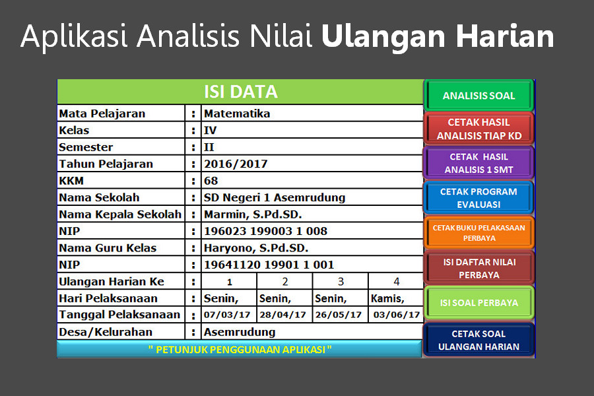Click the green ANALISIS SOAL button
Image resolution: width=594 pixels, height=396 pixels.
(479, 95)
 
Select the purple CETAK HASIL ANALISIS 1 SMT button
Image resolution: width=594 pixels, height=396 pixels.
(479, 163)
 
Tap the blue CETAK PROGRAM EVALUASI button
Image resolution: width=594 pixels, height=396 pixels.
(479, 198)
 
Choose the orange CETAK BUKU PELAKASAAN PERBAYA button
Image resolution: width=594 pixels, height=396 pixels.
(479, 233)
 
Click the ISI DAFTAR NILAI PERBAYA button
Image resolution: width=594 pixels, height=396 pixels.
(479, 268)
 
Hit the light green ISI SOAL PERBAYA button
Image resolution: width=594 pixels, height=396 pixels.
(479, 303)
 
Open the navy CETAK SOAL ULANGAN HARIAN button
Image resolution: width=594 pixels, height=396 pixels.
(479, 340)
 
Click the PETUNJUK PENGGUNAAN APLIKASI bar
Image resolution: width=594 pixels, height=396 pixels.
(240, 349)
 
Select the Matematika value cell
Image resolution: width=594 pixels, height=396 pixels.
(237, 114)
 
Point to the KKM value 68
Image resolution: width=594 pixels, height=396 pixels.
(211, 180)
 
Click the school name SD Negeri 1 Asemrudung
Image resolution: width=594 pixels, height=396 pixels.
(275, 197)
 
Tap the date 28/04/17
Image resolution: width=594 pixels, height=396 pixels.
(282, 315)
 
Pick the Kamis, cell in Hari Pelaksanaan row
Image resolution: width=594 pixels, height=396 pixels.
(387, 298)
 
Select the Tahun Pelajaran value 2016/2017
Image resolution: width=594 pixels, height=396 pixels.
(236, 164)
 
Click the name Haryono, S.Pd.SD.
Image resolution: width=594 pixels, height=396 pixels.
(256, 248)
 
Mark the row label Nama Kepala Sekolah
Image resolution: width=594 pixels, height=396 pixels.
(120, 214)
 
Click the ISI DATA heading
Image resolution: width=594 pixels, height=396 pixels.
(241, 92)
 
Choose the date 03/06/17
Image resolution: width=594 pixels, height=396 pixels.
(397, 315)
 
